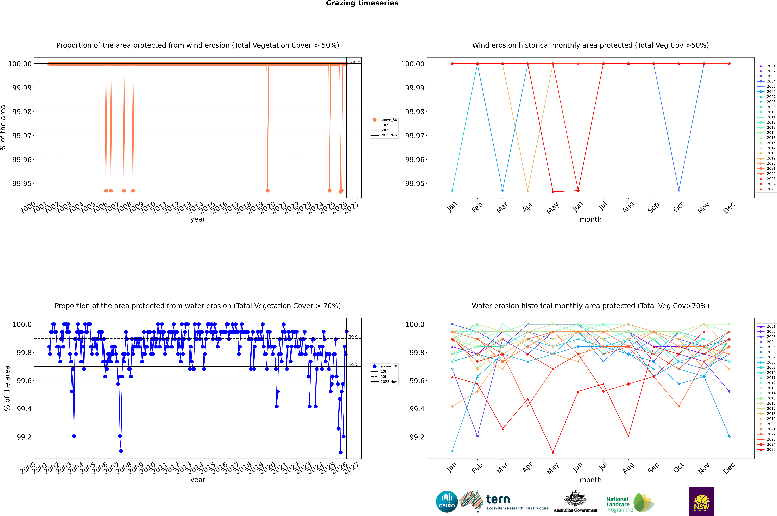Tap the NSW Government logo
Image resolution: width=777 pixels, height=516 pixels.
click(x=702, y=502)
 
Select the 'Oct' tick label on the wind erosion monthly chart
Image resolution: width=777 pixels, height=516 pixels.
click(x=679, y=207)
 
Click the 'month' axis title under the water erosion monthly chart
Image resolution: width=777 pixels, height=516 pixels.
click(x=590, y=480)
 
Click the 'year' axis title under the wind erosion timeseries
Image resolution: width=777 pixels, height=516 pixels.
click(x=198, y=219)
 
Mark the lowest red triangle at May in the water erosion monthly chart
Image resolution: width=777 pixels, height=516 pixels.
click(x=553, y=452)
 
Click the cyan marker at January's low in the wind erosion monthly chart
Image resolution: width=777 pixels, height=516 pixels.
click(x=452, y=191)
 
